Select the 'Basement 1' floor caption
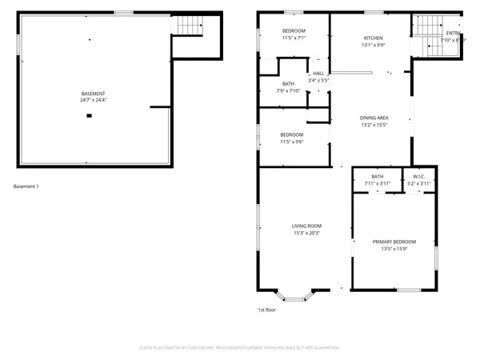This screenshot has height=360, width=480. click(26, 186)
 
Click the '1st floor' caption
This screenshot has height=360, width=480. click(266, 310)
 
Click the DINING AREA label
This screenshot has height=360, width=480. click(374, 118)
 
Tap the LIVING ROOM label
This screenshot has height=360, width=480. click(306, 226)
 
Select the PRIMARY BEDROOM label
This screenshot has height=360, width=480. click(394, 242)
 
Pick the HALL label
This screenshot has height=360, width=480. click(318, 73)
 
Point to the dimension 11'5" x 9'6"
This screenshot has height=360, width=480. click(291, 142)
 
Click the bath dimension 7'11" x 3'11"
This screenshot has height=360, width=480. click(378, 184)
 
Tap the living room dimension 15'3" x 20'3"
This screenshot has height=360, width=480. click(306, 234)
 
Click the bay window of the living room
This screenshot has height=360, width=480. click(295, 297)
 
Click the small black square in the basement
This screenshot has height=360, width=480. click(90, 116)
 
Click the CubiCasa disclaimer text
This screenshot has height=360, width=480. click(240, 348)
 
